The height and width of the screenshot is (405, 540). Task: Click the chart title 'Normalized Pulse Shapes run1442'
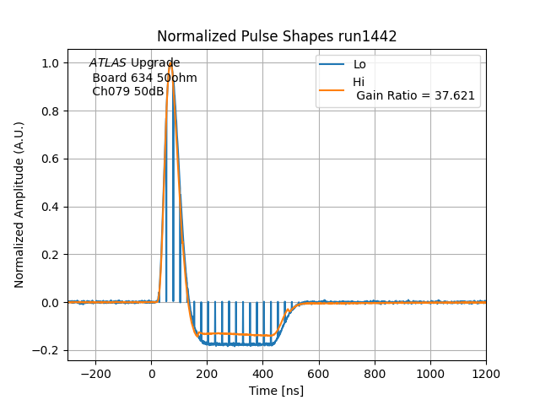pyautogui.click(x=277, y=36)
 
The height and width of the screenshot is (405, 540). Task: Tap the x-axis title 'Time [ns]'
pyautogui.click(x=277, y=391)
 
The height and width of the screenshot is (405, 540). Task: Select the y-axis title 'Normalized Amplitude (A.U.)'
pyautogui.click(x=19, y=205)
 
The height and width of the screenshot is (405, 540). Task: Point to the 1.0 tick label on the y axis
pyautogui.click(x=51, y=63)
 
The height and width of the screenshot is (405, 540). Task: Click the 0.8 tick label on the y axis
pyautogui.click(x=51, y=111)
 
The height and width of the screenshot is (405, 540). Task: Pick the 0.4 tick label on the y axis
pyautogui.click(x=51, y=207)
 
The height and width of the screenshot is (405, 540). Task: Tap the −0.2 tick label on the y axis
pyautogui.click(x=48, y=350)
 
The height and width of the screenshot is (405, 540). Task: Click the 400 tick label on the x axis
pyautogui.click(x=262, y=372)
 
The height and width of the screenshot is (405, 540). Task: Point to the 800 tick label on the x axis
pyautogui.click(x=375, y=372)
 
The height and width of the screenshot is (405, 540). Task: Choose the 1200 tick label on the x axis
pyautogui.click(x=486, y=372)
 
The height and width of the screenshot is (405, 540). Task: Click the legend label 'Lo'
pyautogui.click(x=359, y=65)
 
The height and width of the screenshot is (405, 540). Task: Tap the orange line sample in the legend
pyautogui.click(x=332, y=89)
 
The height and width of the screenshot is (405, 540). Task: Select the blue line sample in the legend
pyautogui.click(x=332, y=65)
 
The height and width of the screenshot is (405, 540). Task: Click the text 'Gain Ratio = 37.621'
pyautogui.click(x=415, y=95)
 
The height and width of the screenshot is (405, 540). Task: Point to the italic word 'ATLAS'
pyautogui.click(x=108, y=63)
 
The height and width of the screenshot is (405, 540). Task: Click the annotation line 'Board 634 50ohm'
pyautogui.click(x=144, y=78)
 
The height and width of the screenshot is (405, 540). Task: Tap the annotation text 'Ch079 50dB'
pyautogui.click(x=128, y=91)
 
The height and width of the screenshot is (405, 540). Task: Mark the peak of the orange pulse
pyautogui.click(x=170, y=62)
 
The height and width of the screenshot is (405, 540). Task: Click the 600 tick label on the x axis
pyautogui.click(x=319, y=372)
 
